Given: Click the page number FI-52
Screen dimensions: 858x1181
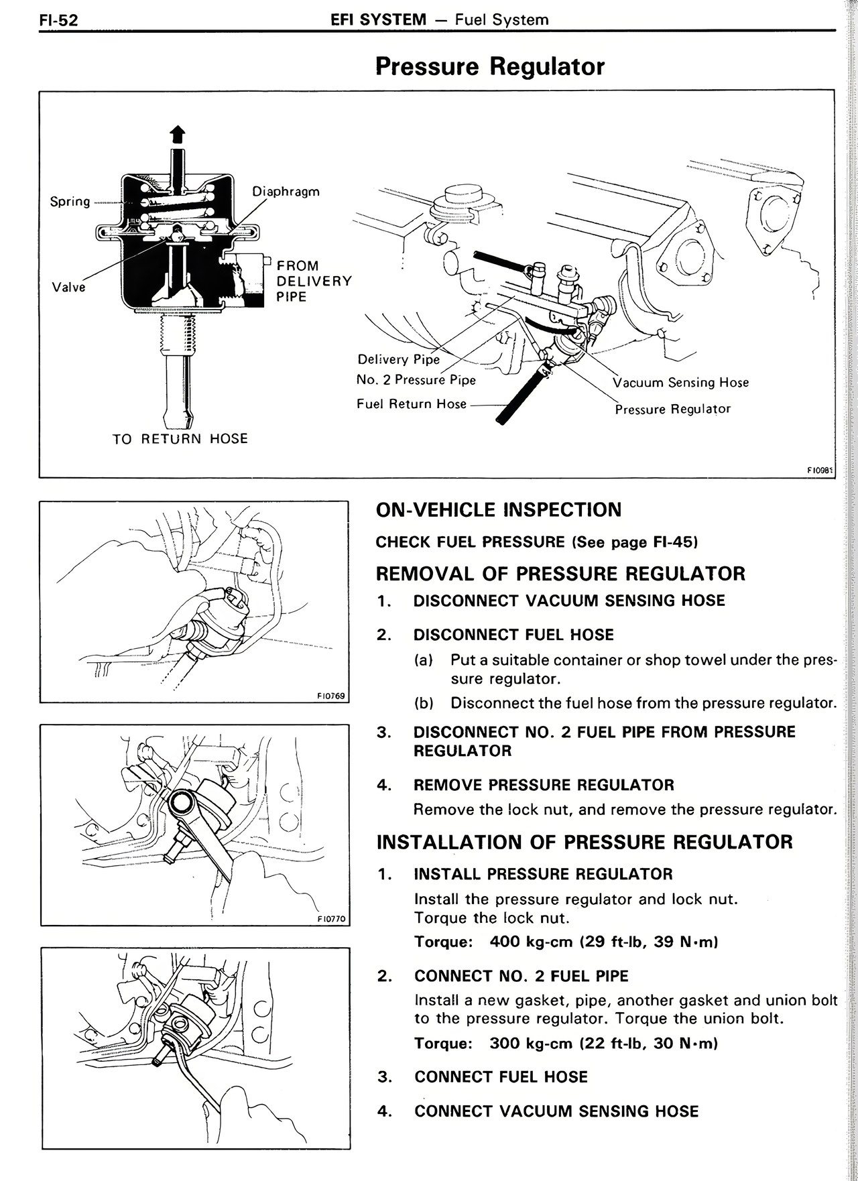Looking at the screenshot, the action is point(58,20).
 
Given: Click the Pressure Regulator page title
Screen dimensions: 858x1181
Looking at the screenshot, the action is point(490,66).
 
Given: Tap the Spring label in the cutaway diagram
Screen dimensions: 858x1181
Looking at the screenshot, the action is point(70,201).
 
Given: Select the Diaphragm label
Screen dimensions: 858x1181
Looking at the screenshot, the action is point(286,192).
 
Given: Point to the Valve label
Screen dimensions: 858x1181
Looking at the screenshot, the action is point(69,287).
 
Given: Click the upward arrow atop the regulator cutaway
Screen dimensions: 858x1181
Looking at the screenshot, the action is point(177,135).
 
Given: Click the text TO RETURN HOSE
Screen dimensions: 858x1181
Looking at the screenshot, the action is point(180,439).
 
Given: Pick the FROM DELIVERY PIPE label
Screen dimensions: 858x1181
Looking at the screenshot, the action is point(314,282).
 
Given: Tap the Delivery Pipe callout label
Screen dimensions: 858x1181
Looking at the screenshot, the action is point(398,359).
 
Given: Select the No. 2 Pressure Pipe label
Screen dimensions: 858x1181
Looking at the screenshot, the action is point(416,380).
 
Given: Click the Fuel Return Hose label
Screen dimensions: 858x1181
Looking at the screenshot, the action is point(412,404).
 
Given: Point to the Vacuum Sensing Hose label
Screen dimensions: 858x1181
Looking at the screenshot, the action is point(680,383).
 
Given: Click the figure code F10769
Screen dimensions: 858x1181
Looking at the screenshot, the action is point(330,696).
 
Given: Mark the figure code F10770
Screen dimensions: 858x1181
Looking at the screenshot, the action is point(331,919).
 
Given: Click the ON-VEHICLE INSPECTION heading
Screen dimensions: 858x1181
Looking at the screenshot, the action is point(499,510).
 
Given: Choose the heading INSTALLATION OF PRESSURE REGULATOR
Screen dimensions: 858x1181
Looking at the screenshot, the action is point(585,842).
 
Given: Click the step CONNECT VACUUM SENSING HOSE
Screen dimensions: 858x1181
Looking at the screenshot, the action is point(556,1111).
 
